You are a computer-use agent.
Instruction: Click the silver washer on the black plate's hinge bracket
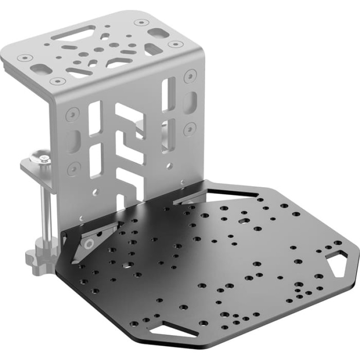90,244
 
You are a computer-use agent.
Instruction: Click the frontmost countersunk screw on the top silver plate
58,81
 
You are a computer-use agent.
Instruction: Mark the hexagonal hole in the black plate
243,220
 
